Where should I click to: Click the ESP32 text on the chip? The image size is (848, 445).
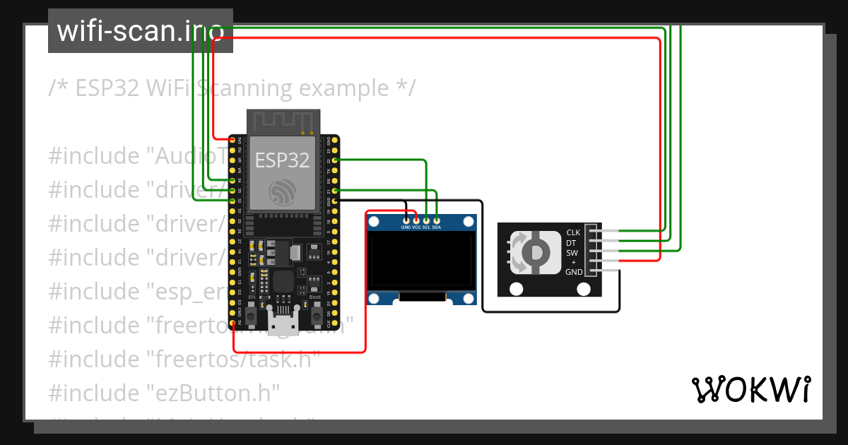tap(283, 160)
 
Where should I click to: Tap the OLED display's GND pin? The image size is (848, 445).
tap(406, 220)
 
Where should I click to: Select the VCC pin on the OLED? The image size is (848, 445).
tap(416, 220)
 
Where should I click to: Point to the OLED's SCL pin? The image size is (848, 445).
tap(427, 220)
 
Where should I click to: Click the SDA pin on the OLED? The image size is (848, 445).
tap(437, 220)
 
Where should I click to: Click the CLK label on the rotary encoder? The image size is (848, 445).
tap(573, 232)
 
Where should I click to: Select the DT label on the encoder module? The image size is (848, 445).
tap(571, 242)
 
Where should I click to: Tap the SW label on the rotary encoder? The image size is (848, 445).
tap(572, 252)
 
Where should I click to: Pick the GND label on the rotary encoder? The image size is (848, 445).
tap(574, 272)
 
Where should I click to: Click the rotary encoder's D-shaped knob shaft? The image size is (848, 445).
tap(536, 252)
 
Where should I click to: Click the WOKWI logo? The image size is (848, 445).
tap(750, 389)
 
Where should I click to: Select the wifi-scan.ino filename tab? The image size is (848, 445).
tap(141, 31)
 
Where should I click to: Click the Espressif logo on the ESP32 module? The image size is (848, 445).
tap(282, 191)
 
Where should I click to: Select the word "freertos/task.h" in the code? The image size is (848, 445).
tap(234, 359)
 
